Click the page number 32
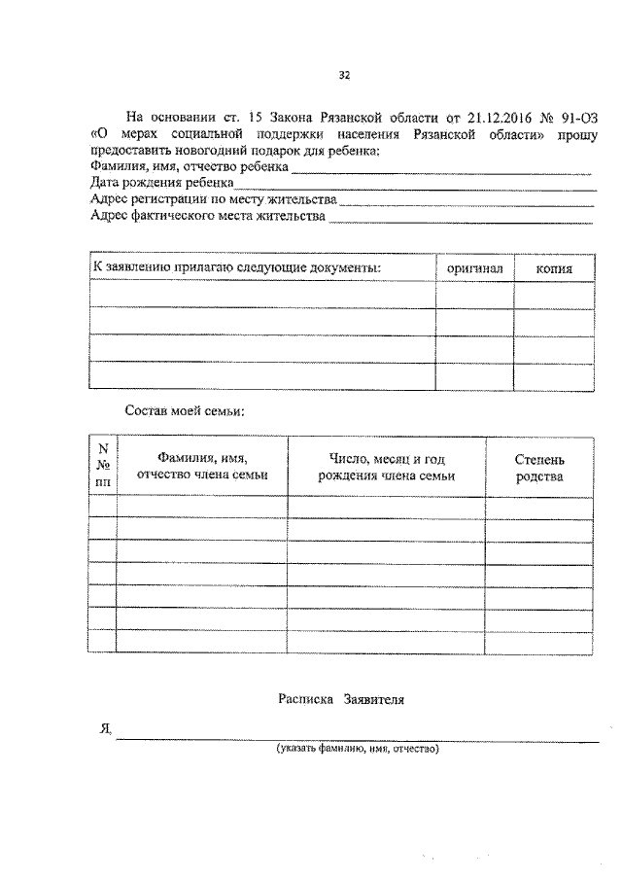tap(343, 75)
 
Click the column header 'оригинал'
tap(474, 267)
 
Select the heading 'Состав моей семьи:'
tap(185, 410)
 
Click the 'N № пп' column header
tap(103, 464)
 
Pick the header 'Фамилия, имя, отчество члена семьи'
tap(202, 467)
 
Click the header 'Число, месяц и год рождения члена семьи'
tap(387, 467)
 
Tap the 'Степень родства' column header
tap(539, 467)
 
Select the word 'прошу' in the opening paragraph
tap(577, 134)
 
